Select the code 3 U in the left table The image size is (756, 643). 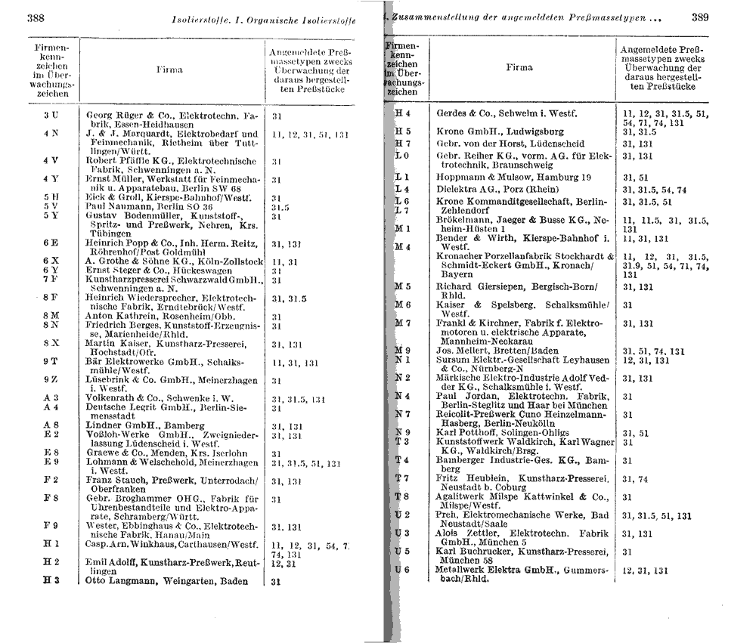[x=51, y=116]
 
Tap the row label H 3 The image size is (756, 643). [x=51, y=580]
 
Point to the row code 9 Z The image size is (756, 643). [x=51, y=379]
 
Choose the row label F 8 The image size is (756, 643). [x=51, y=498]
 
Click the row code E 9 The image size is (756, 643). [x=51, y=461]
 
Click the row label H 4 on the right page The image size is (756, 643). [x=402, y=114]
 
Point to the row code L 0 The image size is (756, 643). [x=402, y=156]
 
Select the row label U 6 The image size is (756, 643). [x=402, y=569]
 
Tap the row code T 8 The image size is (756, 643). [x=402, y=496]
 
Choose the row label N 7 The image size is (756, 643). [x=402, y=414]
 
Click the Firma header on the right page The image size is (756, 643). [x=519, y=67]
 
